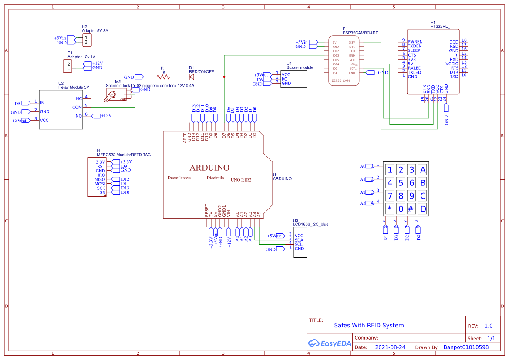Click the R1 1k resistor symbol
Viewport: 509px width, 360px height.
163,77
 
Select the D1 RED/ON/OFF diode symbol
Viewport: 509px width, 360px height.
192,77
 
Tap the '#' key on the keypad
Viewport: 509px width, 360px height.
411,209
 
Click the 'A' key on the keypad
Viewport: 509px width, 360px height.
422,170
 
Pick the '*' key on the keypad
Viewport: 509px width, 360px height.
390,209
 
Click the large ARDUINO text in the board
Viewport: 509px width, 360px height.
209,168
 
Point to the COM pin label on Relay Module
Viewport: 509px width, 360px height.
77,107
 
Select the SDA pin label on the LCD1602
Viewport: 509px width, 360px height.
299,240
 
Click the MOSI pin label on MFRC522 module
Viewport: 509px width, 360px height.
100,184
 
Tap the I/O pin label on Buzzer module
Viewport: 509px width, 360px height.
284,79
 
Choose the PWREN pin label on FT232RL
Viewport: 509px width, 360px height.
415,42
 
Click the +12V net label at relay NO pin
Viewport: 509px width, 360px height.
106,116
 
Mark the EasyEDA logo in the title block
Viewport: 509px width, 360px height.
329,343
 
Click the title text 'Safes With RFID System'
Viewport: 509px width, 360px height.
369,325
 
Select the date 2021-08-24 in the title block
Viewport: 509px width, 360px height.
390,347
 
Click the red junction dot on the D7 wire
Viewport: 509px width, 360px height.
224,77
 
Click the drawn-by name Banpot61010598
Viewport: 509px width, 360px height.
466,347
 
